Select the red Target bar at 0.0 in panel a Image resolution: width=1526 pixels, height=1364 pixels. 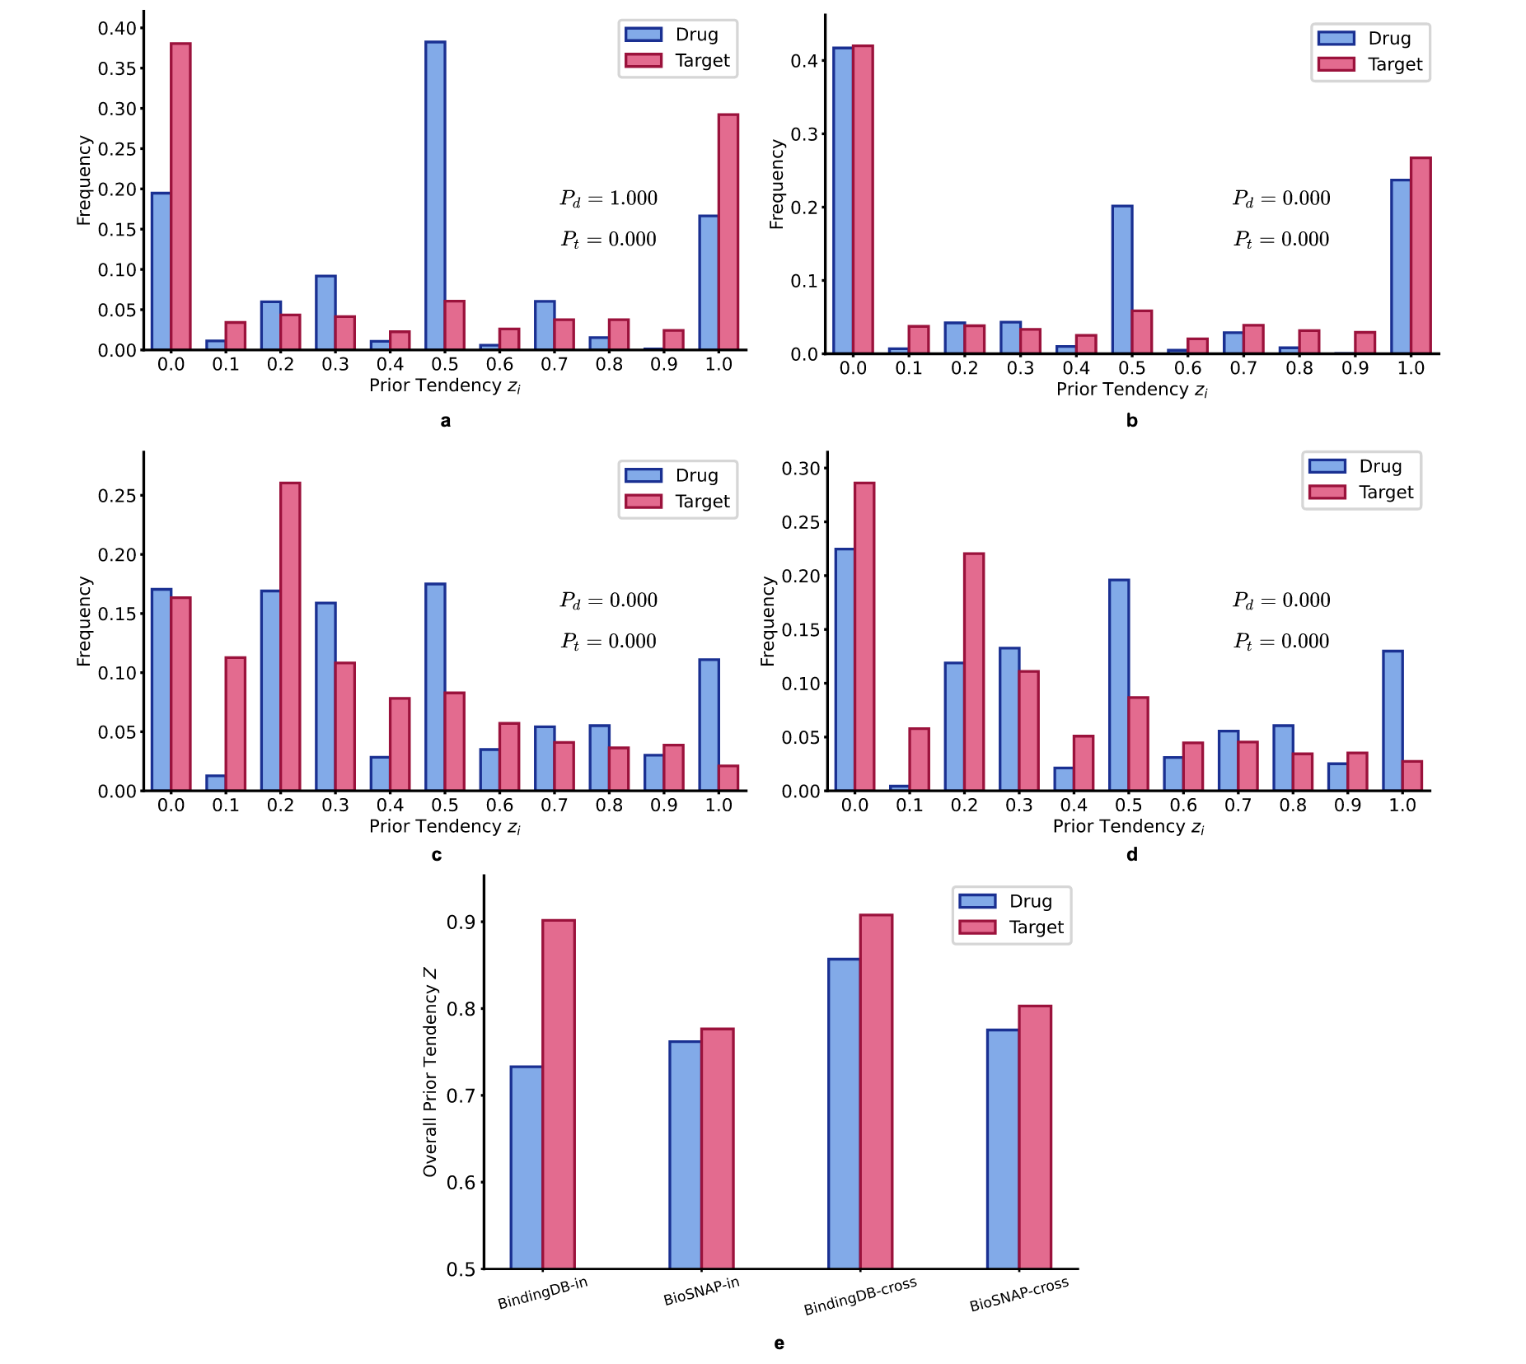point(180,197)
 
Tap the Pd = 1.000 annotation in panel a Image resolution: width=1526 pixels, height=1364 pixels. point(609,199)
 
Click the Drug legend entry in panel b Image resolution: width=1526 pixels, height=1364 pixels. point(1371,39)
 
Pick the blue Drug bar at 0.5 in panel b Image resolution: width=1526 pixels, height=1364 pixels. point(1121,280)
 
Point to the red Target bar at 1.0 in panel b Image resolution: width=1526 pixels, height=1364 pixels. point(1420,255)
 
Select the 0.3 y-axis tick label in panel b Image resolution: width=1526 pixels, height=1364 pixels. point(804,134)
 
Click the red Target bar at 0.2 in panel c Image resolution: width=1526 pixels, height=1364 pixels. point(290,637)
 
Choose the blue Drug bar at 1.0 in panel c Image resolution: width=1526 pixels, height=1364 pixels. point(709,725)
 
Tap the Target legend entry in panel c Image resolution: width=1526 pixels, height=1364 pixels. point(678,502)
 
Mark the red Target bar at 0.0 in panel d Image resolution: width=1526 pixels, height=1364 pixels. point(864,637)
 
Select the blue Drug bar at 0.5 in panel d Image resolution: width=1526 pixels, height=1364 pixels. point(1119,685)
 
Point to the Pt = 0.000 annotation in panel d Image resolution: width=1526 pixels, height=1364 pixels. point(1281,642)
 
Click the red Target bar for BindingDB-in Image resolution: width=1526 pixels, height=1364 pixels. point(559,1095)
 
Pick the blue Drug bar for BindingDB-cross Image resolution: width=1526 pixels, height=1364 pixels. point(844,1114)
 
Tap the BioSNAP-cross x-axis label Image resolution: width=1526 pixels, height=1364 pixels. point(1019,1294)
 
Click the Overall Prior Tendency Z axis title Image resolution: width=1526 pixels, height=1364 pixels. point(430,1072)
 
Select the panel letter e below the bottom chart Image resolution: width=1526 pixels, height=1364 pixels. point(779,1344)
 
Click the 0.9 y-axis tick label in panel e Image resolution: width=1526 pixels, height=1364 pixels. point(461,923)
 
